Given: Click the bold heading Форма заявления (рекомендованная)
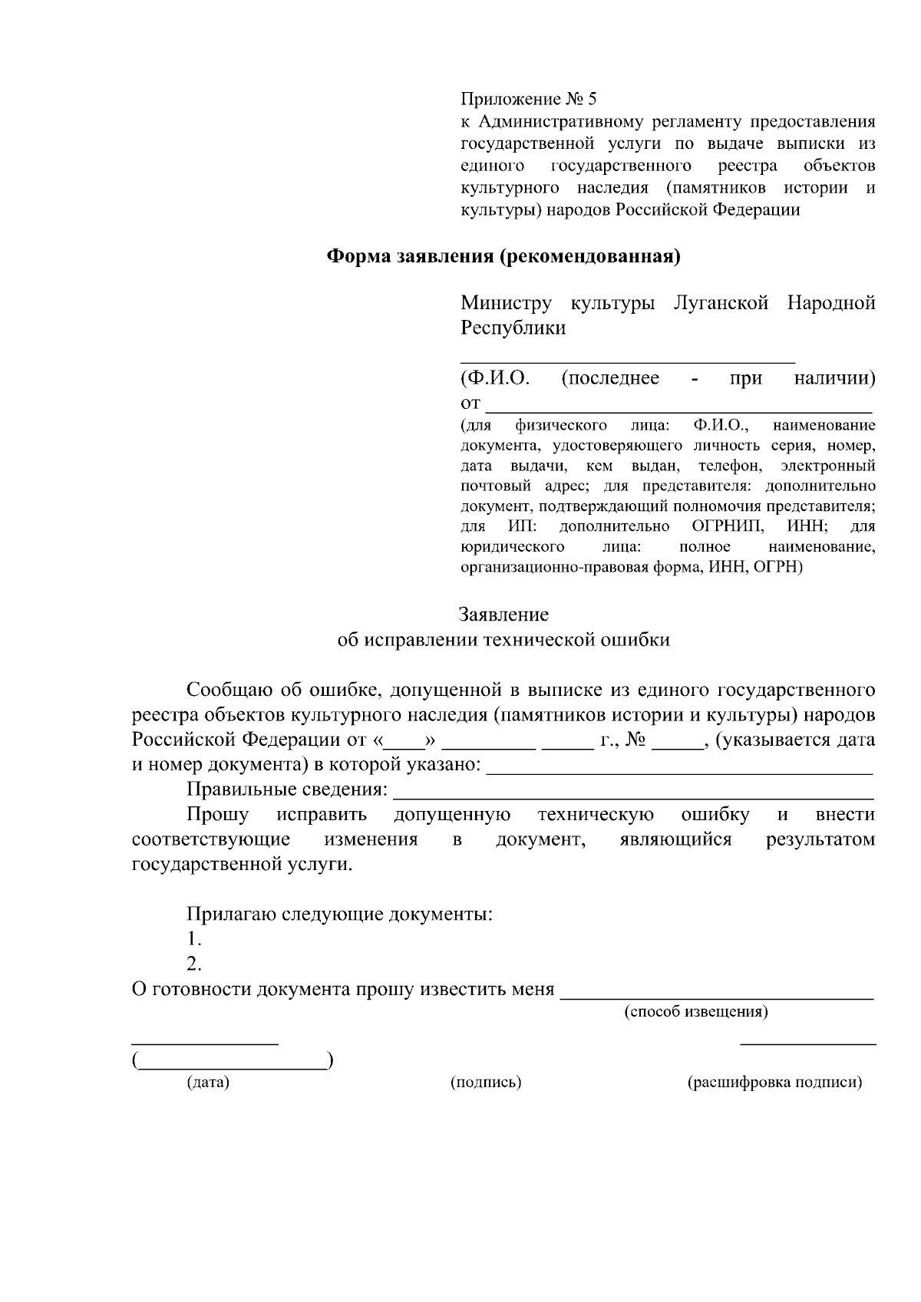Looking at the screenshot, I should point(504,257).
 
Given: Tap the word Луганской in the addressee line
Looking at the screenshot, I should point(720,303).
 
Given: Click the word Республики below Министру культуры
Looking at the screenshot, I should point(513,328).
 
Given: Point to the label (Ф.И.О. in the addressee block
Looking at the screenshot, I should point(495,378).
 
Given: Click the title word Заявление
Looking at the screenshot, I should point(503,615).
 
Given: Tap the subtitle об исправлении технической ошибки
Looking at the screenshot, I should point(503,640).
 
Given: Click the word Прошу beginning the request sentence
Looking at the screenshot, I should point(217,815).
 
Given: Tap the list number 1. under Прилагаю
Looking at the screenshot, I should point(194,939).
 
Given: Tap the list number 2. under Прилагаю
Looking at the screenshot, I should point(194,964).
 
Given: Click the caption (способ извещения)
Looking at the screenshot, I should point(695,1011).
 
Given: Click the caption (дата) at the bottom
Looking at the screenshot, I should point(208,1083).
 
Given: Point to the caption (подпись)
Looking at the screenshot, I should point(485,1083).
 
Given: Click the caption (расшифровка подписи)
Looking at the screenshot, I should point(774,1083).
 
